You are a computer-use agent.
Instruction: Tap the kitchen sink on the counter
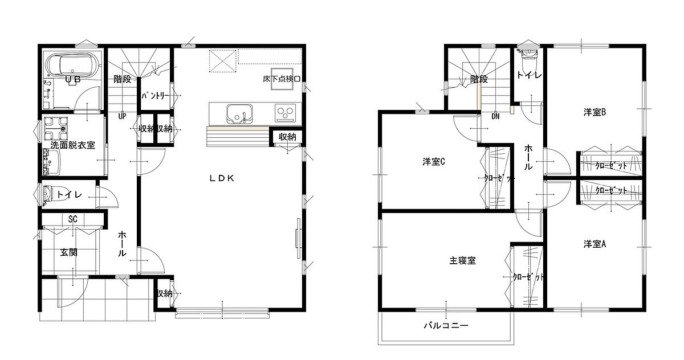[239, 114]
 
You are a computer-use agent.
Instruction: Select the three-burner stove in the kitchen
[285, 113]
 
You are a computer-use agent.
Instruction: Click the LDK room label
[222, 178]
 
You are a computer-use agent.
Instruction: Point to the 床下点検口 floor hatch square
[282, 79]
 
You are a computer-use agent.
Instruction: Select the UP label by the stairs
[122, 116]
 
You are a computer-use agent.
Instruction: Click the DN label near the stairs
[495, 116]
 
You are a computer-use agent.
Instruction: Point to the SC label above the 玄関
[73, 219]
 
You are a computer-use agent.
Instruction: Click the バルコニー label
[446, 325]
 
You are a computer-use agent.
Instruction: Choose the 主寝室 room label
[463, 260]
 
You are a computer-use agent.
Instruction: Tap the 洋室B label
[595, 112]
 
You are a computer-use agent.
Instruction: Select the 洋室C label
[434, 162]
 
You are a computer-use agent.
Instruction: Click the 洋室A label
[595, 244]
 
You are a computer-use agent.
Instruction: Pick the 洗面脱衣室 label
[73, 145]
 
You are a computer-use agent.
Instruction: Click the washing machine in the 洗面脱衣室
[55, 128]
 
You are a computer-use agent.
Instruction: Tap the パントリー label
[155, 96]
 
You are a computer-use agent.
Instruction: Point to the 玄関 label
[68, 252]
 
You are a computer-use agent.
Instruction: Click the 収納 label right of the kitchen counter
[287, 137]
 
